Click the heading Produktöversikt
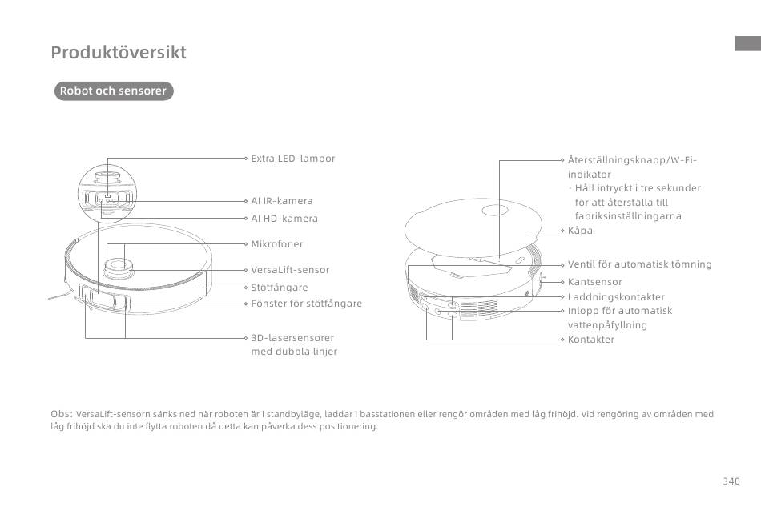coord(119,52)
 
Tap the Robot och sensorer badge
coord(114,91)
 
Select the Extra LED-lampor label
coord(292,158)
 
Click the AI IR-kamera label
coord(281,201)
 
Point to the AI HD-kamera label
coord(284,219)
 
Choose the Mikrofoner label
coord(276,244)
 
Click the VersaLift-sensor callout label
coord(290,270)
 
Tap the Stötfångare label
coord(279,288)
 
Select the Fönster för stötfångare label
coord(306,304)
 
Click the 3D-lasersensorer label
coord(292,338)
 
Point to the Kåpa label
coord(580,231)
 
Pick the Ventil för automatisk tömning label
coord(640,264)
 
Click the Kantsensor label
coord(594,282)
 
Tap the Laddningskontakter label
coord(616,297)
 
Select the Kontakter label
coord(590,340)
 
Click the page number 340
coord(731,481)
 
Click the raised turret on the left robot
coord(119,268)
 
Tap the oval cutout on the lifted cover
coord(495,211)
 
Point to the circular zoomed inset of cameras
coord(107,194)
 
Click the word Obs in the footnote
coord(61,414)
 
